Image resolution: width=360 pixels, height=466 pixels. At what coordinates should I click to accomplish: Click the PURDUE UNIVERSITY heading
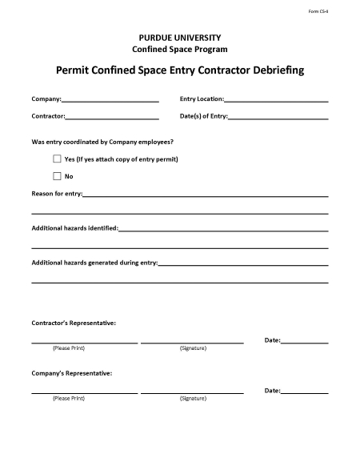[x=180, y=38]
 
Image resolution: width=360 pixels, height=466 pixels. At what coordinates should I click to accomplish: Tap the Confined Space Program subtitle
[x=180, y=49]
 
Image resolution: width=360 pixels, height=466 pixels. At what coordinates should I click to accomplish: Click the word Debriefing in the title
[x=272, y=70]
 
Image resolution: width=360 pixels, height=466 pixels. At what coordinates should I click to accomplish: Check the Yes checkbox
[x=57, y=159]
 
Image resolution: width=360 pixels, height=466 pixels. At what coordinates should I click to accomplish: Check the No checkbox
[x=57, y=175]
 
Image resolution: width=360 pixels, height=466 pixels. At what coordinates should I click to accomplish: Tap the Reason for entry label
[x=56, y=194]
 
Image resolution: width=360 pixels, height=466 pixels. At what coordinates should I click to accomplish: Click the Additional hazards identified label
[x=74, y=228]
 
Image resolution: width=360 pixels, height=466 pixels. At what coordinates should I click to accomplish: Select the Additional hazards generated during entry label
[x=94, y=263]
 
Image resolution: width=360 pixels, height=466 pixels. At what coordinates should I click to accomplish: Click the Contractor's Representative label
[x=74, y=323]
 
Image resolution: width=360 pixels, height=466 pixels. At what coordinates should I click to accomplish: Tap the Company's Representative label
[x=71, y=373]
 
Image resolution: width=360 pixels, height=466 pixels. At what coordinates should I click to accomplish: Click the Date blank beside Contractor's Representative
[x=305, y=342]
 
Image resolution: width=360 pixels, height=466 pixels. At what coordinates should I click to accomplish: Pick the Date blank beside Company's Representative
[x=305, y=392]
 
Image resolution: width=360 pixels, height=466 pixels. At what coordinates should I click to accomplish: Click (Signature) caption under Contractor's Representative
[x=193, y=348]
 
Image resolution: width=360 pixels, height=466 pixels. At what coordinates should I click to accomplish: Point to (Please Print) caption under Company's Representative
[x=68, y=398]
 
